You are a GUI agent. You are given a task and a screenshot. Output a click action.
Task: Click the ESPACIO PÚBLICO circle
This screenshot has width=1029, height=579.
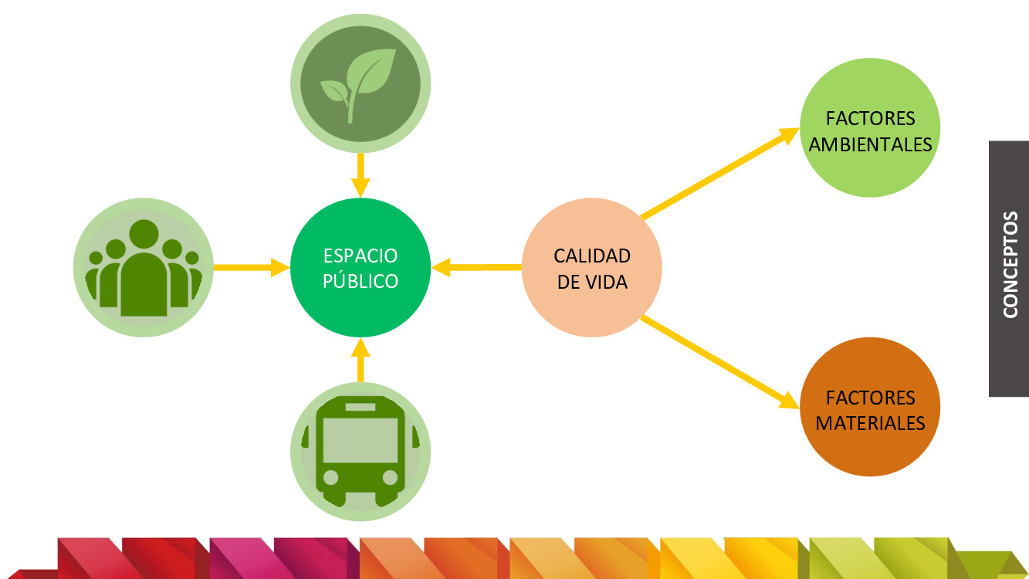[360, 267]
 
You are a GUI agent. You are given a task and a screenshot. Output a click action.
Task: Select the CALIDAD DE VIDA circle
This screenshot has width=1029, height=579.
[592, 267]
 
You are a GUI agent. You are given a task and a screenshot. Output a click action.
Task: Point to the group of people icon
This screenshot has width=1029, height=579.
[144, 268]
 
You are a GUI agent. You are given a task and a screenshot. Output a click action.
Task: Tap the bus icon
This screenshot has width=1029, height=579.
[360, 452]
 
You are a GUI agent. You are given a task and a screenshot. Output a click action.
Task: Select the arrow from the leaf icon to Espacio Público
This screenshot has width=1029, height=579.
[360, 174]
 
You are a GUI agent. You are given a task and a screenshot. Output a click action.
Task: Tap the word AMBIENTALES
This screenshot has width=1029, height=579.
[870, 144]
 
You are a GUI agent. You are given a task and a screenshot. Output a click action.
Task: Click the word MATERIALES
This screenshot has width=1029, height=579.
[870, 423]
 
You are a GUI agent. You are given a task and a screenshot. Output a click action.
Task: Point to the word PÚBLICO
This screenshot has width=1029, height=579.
[360, 281]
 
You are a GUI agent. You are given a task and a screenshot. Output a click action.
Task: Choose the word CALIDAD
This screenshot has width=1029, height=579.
[592, 256]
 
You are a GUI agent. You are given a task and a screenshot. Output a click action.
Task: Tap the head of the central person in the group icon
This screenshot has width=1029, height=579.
[144, 234]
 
